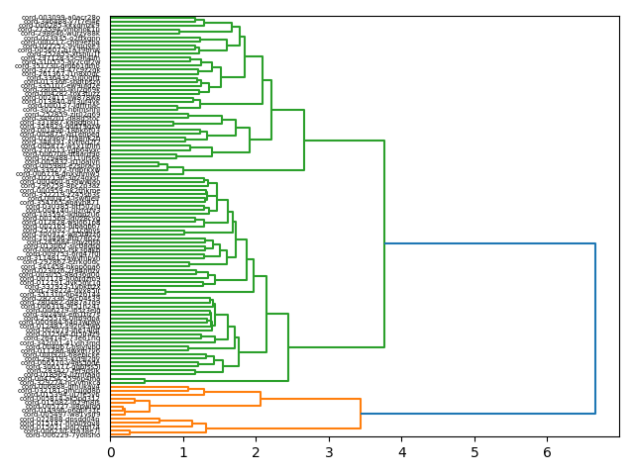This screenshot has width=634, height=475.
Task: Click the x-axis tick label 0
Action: click(111, 452)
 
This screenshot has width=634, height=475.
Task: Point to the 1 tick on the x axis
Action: click(183, 452)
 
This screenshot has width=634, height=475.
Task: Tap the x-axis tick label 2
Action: click(256, 452)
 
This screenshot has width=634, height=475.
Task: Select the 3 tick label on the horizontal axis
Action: click(329, 452)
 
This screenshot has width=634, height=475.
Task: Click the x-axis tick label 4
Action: click(401, 452)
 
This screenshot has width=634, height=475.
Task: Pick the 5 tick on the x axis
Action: click(475, 452)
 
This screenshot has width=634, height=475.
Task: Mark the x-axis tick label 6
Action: click(547, 452)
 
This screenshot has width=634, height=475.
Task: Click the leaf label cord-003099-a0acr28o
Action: click(60, 18)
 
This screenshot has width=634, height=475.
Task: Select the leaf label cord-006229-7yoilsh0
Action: click(60, 433)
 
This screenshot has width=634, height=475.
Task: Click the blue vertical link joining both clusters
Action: click(595, 327)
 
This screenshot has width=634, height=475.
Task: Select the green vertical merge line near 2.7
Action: click(304, 140)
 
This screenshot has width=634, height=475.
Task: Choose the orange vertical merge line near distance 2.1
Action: click(261, 399)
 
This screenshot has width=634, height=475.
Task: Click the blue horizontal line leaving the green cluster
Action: click(489, 243)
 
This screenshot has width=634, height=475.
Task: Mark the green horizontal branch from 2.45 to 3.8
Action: click(336, 347)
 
